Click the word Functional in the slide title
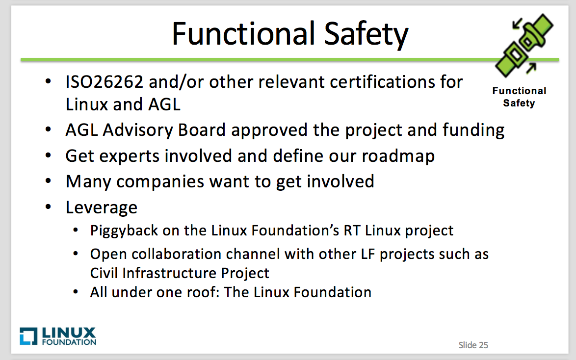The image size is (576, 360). [243, 34]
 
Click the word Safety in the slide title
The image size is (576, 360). [366, 35]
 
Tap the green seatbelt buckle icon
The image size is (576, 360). [524, 45]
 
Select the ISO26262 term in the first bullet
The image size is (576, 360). [105, 81]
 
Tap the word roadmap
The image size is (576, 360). [398, 156]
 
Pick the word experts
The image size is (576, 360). [130, 156]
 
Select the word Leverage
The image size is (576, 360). [102, 208]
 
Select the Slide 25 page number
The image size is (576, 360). [473, 345]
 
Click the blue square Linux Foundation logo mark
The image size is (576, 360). [28, 336]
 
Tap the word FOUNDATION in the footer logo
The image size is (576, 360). [69, 342]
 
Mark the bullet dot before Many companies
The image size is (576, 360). [48, 181]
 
